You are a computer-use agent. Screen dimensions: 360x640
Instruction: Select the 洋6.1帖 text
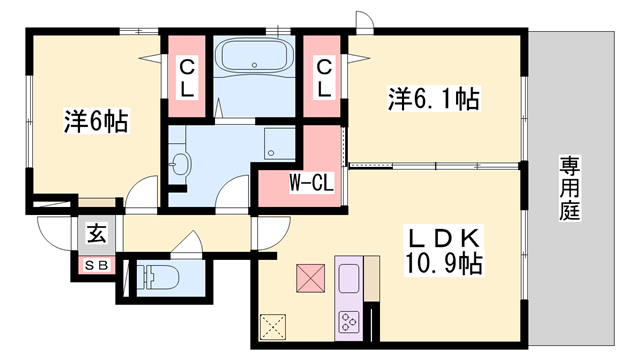coord(433,99)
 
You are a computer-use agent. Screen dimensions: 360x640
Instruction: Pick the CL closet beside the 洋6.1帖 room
coord(324,78)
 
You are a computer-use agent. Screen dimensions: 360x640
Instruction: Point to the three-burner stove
coord(350,322)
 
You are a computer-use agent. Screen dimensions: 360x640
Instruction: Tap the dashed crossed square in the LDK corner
coord(272,327)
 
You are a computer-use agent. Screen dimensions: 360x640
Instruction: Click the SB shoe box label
coord(97,266)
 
